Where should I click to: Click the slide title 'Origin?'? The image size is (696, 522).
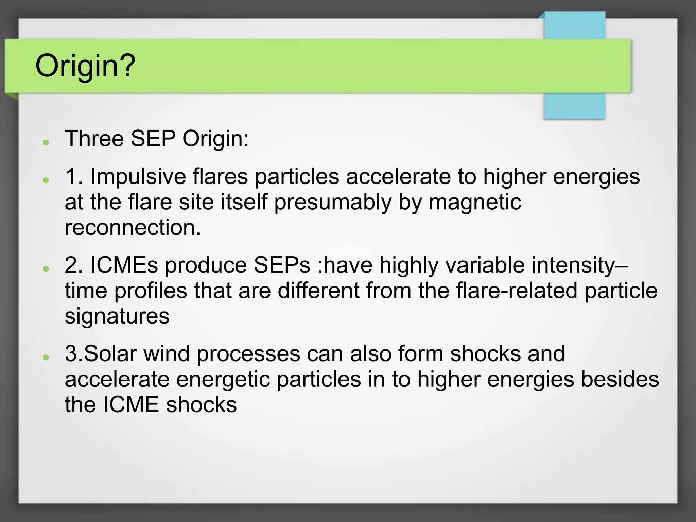(85, 66)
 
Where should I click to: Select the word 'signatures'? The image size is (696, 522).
(117, 316)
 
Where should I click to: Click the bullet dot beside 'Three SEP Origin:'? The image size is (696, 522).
(46, 142)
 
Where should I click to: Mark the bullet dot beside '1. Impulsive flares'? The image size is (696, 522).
(46, 180)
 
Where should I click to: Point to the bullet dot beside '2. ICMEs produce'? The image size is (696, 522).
(46, 268)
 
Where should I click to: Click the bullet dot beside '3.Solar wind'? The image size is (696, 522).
(46, 357)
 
